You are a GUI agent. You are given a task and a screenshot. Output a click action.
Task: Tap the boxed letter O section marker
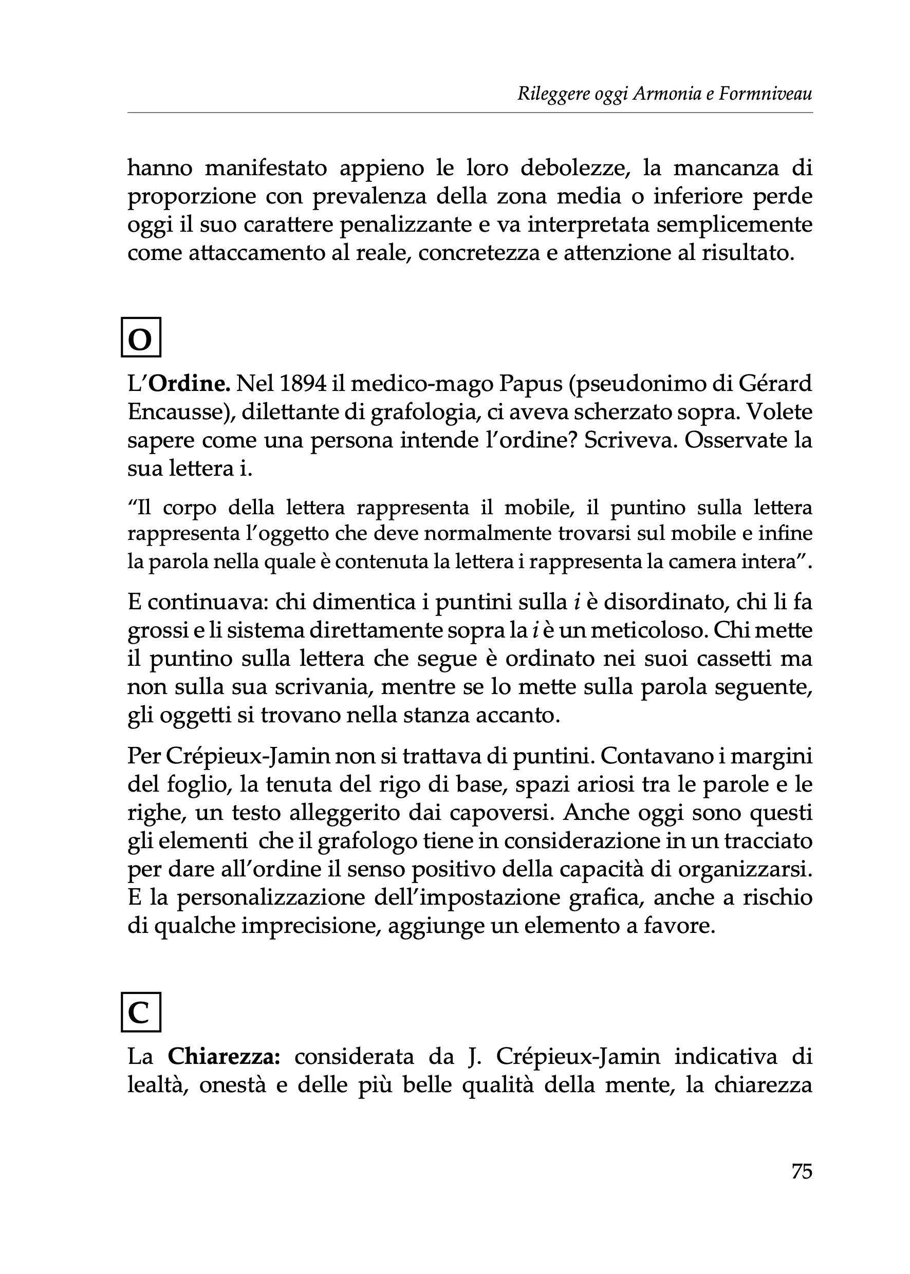coord(141,338)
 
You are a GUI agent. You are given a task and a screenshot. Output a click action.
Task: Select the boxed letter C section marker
coord(141,1012)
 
